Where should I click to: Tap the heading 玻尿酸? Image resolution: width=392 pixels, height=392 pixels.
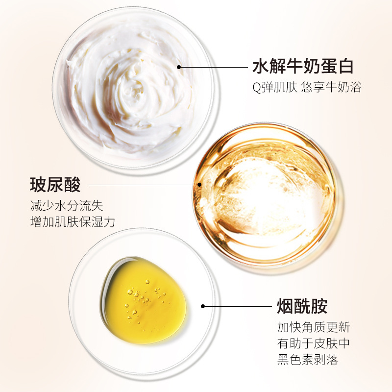click(54, 185)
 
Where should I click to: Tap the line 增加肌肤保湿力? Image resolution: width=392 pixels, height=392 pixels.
click(73, 221)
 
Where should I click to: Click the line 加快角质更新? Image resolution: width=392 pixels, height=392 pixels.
click(313, 327)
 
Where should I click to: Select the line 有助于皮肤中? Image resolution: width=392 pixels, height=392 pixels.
click(313, 343)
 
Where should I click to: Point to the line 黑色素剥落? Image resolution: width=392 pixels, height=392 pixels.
click(307, 360)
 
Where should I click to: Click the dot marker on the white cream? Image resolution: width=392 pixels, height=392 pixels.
click(179, 67)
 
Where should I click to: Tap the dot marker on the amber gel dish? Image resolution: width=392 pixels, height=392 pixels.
click(199, 185)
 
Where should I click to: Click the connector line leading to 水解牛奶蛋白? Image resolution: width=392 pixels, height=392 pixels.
click(213, 67)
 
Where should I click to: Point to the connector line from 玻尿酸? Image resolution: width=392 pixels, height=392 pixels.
click(142, 185)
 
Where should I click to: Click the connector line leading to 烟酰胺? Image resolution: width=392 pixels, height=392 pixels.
click(238, 306)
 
